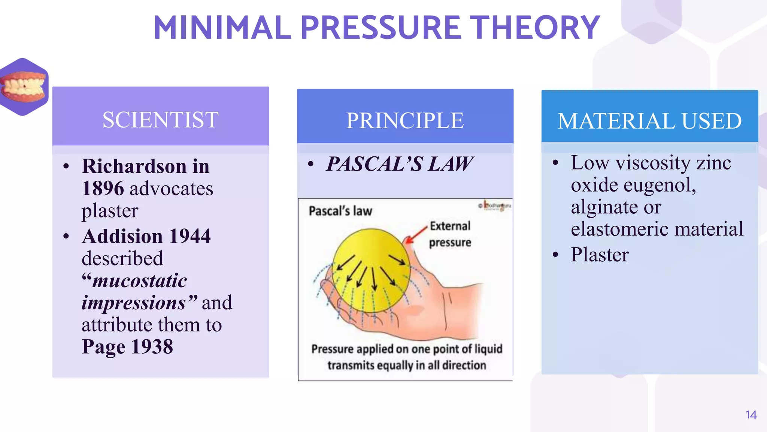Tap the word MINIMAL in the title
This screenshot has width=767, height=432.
(x=222, y=28)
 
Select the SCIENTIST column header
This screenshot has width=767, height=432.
(x=160, y=120)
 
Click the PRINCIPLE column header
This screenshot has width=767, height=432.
(x=405, y=121)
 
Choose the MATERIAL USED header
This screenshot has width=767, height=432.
(x=649, y=121)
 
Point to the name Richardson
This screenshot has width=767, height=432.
(x=134, y=166)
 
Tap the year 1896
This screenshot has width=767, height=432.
(x=103, y=188)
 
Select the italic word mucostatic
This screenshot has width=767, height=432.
(x=139, y=280)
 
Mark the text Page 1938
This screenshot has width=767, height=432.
(x=127, y=346)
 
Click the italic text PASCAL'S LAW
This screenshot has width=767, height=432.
(x=399, y=164)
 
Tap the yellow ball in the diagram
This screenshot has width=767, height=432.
(x=371, y=270)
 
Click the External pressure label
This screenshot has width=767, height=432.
(x=450, y=234)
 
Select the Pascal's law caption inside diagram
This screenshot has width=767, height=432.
(x=340, y=211)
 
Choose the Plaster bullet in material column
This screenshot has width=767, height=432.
(x=600, y=255)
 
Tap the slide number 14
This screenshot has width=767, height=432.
(x=751, y=415)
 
